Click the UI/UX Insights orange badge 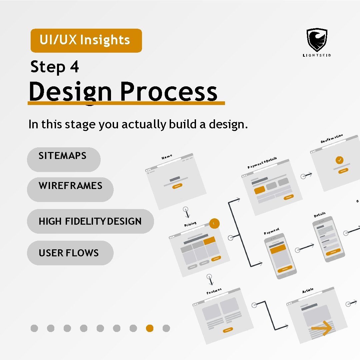pyautogui.click(x=86, y=40)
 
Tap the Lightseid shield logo pyautogui.click(x=317, y=40)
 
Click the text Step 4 pyautogui.click(x=55, y=67)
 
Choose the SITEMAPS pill pyautogui.click(x=63, y=159)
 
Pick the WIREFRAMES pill pyautogui.click(x=70, y=189)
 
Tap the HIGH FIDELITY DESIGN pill pyautogui.click(x=90, y=221)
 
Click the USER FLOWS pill pyautogui.click(x=70, y=253)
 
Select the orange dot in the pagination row pyautogui.click(x=150, y=328)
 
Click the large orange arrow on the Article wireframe pyautogui.click(x=321, y=329)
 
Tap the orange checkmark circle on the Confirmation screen pyautogui.click(x=340, y=160)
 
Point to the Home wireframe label pyautogui.click(x=167, y=156)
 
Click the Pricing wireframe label pyautogui.click(x=190, y=224)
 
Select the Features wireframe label pyautogui.click(x=214, y=291)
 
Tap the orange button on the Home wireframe pyautogui.click(x=178, y=186)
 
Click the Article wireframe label pyautogui.click(x=308, y=291)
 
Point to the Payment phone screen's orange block pyautogui.click(x=278, y=249)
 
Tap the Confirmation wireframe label pyautogui.click(x=332, y=138)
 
